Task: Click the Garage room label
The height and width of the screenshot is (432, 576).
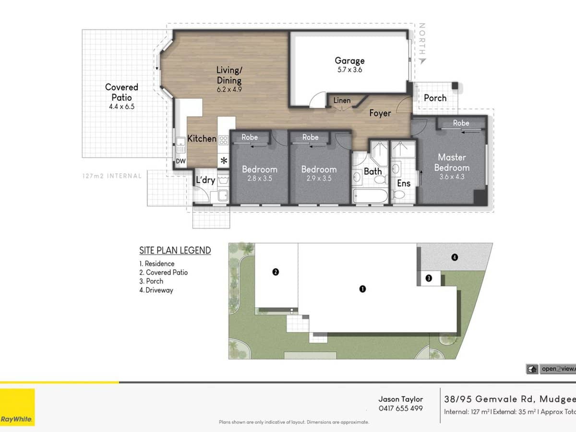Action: [x=349, y=60]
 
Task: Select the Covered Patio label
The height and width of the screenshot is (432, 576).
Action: [x=121, y=92]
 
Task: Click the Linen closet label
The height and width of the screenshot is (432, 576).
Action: [x=342, y=100]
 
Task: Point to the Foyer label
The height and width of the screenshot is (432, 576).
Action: [x=380, y=113]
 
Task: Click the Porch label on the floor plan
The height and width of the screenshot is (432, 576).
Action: [x=435, y=98]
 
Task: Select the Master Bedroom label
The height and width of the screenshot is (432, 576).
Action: [x=452, y=162]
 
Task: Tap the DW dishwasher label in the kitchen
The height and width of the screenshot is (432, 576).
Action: [x=180, y=161]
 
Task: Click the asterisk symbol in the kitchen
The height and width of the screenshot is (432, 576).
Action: [x=224, y=160]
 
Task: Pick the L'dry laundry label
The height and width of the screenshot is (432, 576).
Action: [x=205, y=180]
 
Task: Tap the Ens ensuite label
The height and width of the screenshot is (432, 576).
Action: [x=403, y=183]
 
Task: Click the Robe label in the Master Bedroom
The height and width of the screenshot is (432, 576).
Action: [x=461, y=123]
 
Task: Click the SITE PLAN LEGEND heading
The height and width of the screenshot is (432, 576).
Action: [x=175, y=250]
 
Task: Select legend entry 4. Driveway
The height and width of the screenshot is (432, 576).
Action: [x=156, y=290]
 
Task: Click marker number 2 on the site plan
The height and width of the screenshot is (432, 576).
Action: [x=276, y=272]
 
